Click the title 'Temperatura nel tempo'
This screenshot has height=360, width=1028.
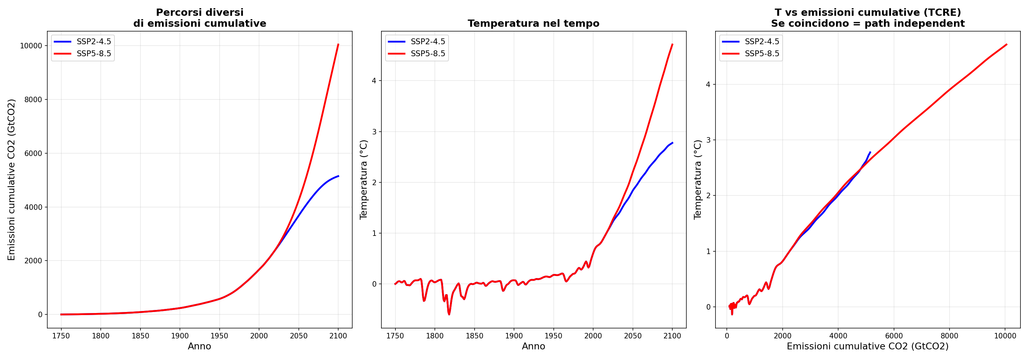[x=533, y=24]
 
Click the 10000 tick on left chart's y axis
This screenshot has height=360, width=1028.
[x=31, y=46]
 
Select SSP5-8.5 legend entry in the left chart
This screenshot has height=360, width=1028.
[x=94, y=53]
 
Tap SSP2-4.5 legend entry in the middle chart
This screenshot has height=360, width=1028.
[x=427, y=41]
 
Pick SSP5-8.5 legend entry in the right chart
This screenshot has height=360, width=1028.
[x=761, y=53]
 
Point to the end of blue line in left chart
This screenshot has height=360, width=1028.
[x=339, y=176]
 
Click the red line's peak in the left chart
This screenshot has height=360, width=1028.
[x=339, y=44]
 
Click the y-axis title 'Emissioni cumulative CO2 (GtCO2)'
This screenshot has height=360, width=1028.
[x=11, y=180]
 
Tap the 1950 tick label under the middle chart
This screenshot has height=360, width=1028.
[x=553, y=336]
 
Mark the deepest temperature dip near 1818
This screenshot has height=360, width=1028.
[x=449, y=314]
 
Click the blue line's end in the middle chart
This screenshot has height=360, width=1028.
[x=672, y=143]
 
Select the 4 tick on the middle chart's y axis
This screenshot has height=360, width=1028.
[x=374, y=81]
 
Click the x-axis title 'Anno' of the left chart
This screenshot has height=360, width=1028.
[x=199, y=346]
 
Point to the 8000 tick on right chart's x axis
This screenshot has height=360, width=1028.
[x=950, y=336]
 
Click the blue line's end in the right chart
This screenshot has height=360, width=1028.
[x=870, y=152]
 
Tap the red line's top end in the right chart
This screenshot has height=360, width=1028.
[x=1007, y=44]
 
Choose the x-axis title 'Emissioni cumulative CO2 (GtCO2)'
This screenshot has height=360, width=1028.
[x=867, y=346]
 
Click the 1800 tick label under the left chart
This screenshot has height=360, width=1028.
[x=100, y=336]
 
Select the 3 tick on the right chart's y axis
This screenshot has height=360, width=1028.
[x=708, y=140]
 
